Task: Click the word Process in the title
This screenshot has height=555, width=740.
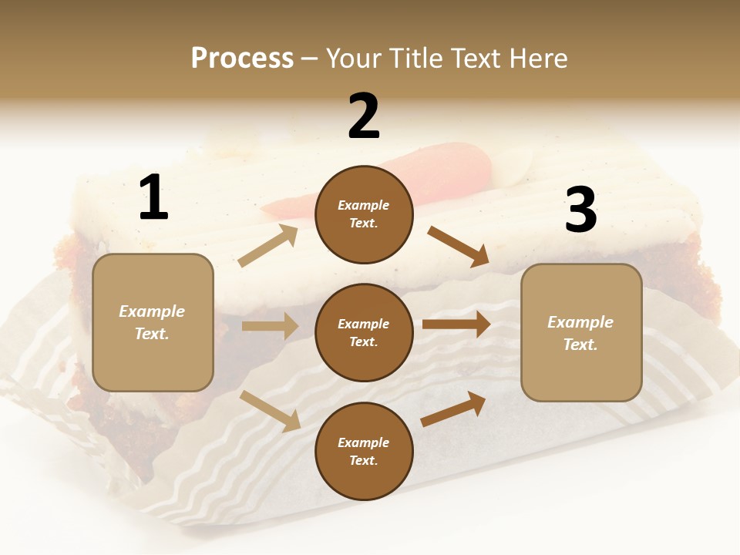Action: (x=242, y=59)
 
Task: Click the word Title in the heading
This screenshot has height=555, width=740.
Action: (x=415, y=59)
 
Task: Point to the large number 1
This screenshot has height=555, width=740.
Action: (x=153, y=197)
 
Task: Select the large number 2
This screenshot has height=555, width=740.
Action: (x=364, y=116)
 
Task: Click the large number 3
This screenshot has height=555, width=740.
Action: (x=580, y=210)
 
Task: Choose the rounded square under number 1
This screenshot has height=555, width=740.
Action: (x=153, y=322)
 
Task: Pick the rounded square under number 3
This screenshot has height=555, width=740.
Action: (x=581, y=332)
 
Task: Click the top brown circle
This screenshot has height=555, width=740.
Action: (x=364, y=214)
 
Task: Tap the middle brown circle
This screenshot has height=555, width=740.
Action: (x=364, y=332)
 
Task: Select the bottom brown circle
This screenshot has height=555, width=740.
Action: (x=364, y=451)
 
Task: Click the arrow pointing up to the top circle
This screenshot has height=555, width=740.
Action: (x=268, y=246)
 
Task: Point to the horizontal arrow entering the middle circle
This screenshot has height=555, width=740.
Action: (x=270, y=326)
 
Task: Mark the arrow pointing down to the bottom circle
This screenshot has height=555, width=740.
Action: (x=271, y=411)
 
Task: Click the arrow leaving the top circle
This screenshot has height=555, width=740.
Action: (x=459, y=247)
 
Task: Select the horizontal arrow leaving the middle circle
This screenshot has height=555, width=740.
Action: (x=456, y=325)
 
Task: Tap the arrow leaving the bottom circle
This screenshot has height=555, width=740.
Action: (x=453, y=409)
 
